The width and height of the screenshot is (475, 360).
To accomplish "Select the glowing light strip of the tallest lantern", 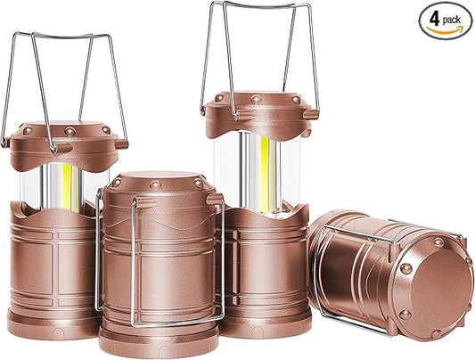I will pyautogui.click(x=268, y=174).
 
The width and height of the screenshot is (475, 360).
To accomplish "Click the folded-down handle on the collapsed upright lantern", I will pyautogui.click(x=134, y=267).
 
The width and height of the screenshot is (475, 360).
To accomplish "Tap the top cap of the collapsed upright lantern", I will pyautogui.click(x=159, y=183).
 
